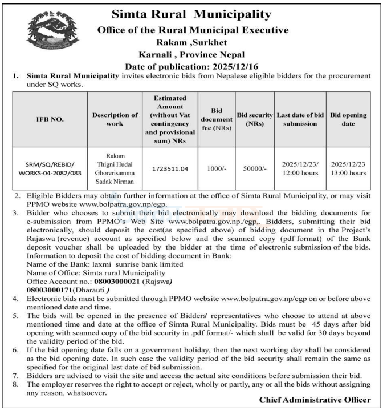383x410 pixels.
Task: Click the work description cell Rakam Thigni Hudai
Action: point(115,169)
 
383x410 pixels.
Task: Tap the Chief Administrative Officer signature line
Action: point(315,400)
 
